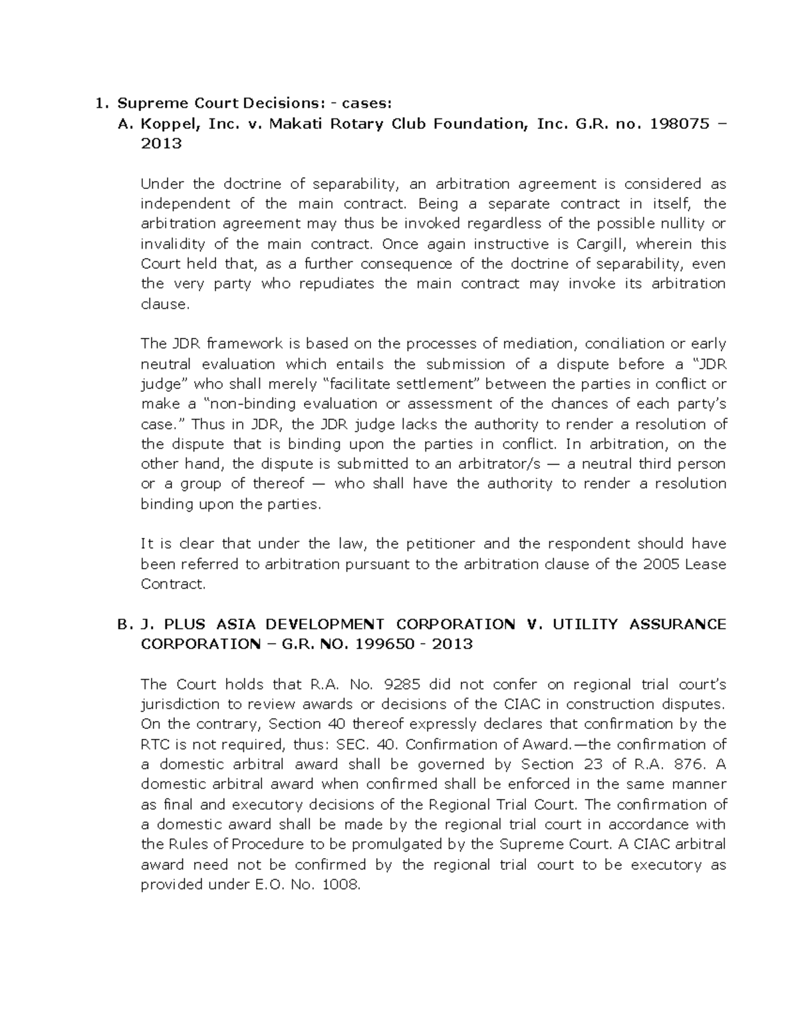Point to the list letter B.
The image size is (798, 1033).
(122, 625)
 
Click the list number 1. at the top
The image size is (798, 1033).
(100, 104)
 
